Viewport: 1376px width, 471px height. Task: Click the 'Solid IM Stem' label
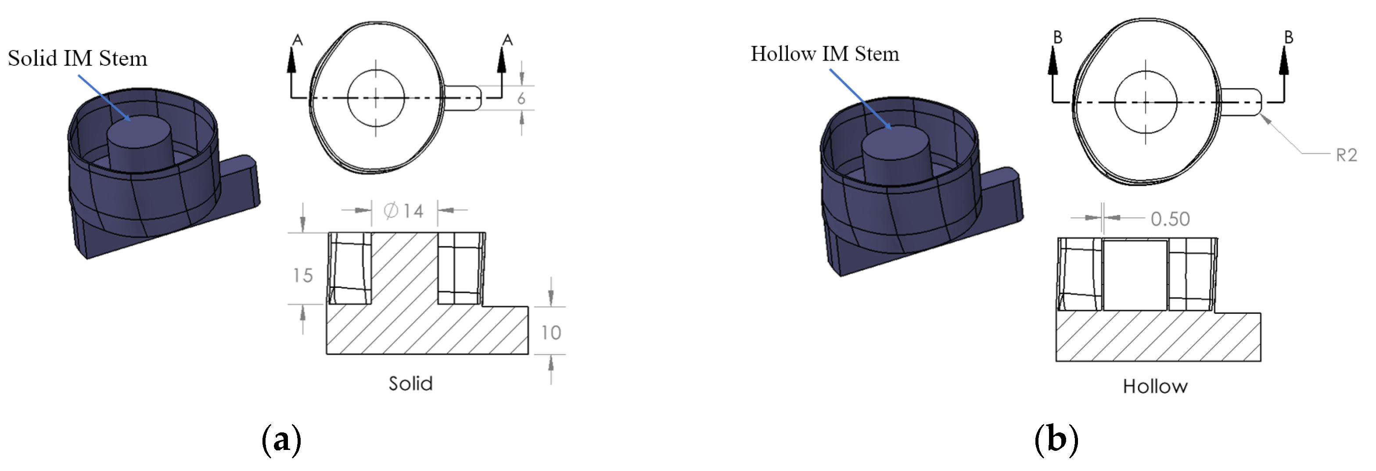(x=77, y=58)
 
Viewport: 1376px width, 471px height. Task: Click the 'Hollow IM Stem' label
(x=825, y=54)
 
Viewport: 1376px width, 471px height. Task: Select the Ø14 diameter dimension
(x=404, y=211)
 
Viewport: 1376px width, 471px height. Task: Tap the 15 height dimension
(x=302, y=275)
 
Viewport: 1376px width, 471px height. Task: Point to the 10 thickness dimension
(x=551, y=333)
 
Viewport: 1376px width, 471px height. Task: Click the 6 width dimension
(x=521, y=98)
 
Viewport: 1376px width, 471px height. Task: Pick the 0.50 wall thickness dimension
(x=1170, y=219)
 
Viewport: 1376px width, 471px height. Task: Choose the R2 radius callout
(x=1346, y=155)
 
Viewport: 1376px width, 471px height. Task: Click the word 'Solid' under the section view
(x=410, y=383)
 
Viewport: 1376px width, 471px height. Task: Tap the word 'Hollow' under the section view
(x=1155, y=386)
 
